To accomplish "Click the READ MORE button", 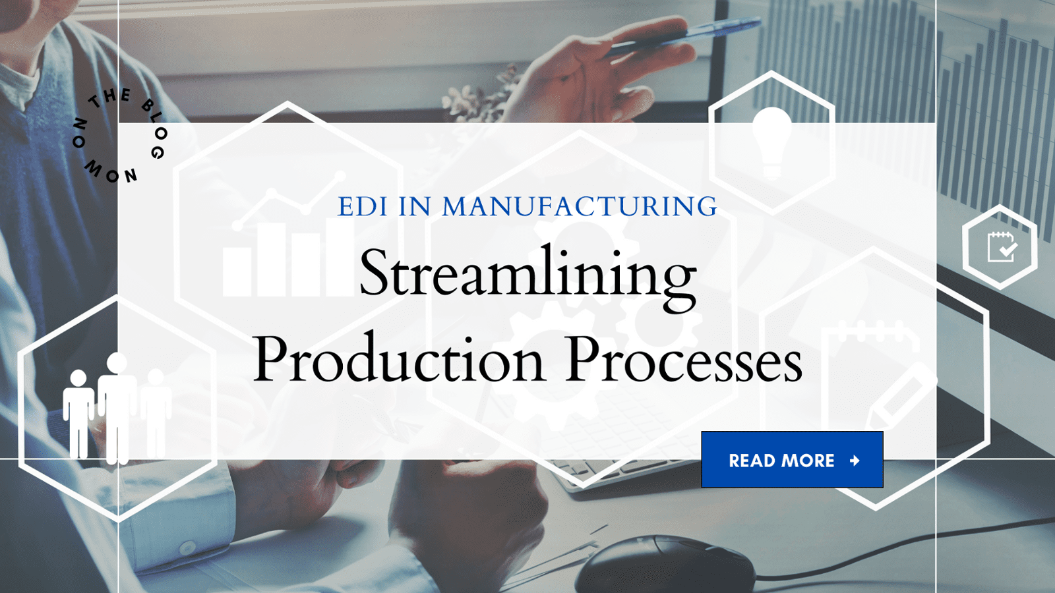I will pos(792,460).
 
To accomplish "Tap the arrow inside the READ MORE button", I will pos(855,461).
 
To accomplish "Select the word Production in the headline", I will pos(399,360).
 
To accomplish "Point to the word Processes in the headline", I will pos(684,360).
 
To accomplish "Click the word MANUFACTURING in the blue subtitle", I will pos(580,207).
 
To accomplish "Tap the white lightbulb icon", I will pos(772,142).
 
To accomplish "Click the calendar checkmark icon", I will pos(1001,247).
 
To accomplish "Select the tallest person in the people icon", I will pos(117,405).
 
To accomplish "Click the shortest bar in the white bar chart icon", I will pos(237,271).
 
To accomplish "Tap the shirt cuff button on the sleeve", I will pos(188,548).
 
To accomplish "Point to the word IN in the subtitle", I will pos(414,207).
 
